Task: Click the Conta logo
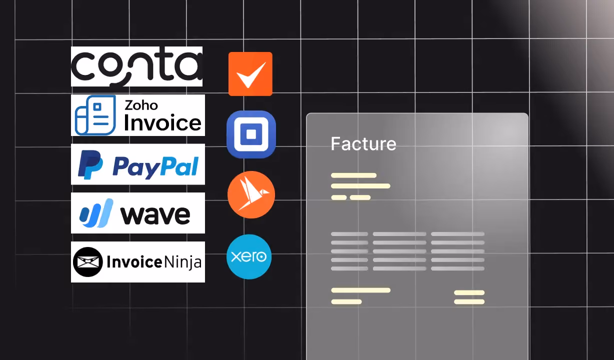point(137,66)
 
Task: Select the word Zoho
point(141,105)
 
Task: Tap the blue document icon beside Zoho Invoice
point(95,115)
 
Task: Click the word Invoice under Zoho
point(163,123)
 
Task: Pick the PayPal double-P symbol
point(90,164)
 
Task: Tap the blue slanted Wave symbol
point(96,213)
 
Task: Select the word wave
point(155,215)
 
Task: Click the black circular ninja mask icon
point(87,262)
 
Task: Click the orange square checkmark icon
point(250,74)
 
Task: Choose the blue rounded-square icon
point(251,134)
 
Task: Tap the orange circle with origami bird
point(251,194)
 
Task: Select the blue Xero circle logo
point(249,256)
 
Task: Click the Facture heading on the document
point(363,143)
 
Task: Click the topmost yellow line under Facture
point(353,175)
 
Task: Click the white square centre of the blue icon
point(251,134)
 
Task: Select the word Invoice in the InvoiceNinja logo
point(134,262)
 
